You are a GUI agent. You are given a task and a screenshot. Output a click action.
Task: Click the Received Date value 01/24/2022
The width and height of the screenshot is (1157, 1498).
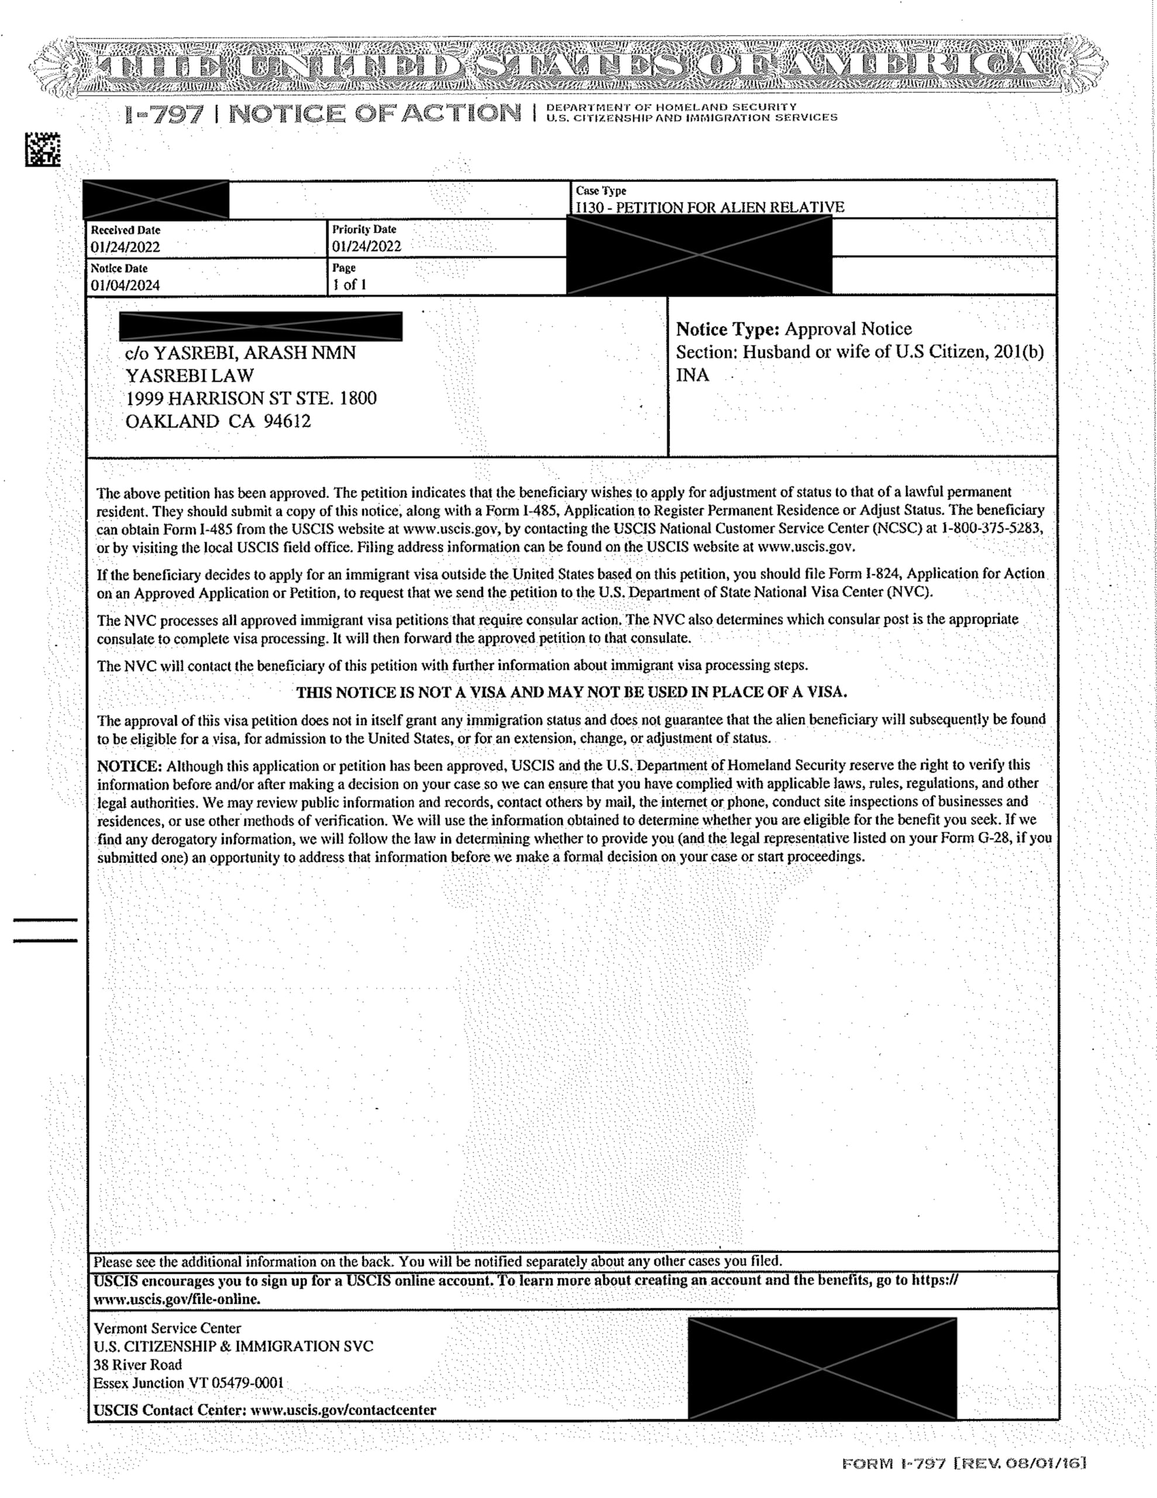pyautogui.click(x=126, y=247)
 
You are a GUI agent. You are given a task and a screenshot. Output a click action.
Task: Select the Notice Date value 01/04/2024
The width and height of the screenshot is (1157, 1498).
pyautogui.click(x=126, y=286)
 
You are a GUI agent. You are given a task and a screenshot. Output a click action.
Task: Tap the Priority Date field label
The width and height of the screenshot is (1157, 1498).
pyautogui.click(x=364, y=230)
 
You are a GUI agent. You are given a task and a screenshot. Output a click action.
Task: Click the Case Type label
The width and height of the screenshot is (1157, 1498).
pyautogui.click(x=601, y=191)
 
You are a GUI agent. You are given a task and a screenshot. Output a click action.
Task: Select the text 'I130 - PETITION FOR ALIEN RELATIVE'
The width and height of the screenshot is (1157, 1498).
pyautogui.click(x=710, y=207)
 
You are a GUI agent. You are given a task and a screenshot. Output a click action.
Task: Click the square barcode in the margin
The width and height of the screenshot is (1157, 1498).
pyautogui.click(x=43, y=150)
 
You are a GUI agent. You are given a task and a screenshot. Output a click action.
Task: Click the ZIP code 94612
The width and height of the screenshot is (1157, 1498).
pyautogui.click(x=287, y=421)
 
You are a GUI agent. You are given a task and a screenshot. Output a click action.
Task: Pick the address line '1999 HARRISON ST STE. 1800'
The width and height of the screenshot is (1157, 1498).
pyautogui.click(x=251, y=398)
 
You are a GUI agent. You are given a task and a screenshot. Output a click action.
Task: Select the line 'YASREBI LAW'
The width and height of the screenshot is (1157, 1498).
pyautogui.click(x=190, y=376)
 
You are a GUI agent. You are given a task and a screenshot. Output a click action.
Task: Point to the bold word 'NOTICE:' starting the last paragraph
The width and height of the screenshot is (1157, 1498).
pyautogui.click(x=129, y=765)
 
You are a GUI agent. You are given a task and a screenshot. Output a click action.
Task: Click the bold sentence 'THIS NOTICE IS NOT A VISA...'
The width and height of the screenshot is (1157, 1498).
pyautogui.click(x=571, y=692)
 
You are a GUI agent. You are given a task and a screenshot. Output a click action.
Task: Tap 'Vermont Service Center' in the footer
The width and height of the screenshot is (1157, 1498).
pyautogui.click(x=167, y=1328)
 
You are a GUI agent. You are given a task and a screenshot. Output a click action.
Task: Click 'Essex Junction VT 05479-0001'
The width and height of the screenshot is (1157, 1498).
pyautogui.click(x=188, y=1383)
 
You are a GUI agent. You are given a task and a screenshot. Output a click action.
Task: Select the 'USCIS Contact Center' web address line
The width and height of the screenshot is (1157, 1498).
pyautogui.click(x=265, y=1410)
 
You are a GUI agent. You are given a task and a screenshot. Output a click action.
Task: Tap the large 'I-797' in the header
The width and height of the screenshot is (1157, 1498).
pyautogui.click(x=164, y=115)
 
